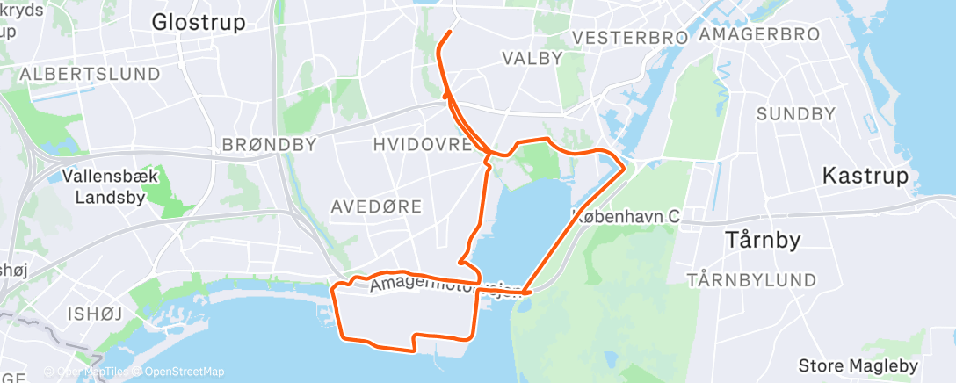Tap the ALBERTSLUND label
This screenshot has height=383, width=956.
(90, 73)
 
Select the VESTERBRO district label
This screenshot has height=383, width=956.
(628, 37)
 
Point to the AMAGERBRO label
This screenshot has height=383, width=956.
(760, 34)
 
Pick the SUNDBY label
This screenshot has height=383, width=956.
(795, 113)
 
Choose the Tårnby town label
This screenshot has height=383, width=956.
(761, 238)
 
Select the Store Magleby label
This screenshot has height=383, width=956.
(858, 365)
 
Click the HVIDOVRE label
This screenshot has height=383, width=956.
(423, 144)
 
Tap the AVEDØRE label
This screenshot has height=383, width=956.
(376, 206)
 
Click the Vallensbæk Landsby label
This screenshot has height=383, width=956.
(111, 186)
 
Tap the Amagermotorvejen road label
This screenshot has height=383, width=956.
(446, 286)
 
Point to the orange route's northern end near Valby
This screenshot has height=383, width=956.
(450, 32)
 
